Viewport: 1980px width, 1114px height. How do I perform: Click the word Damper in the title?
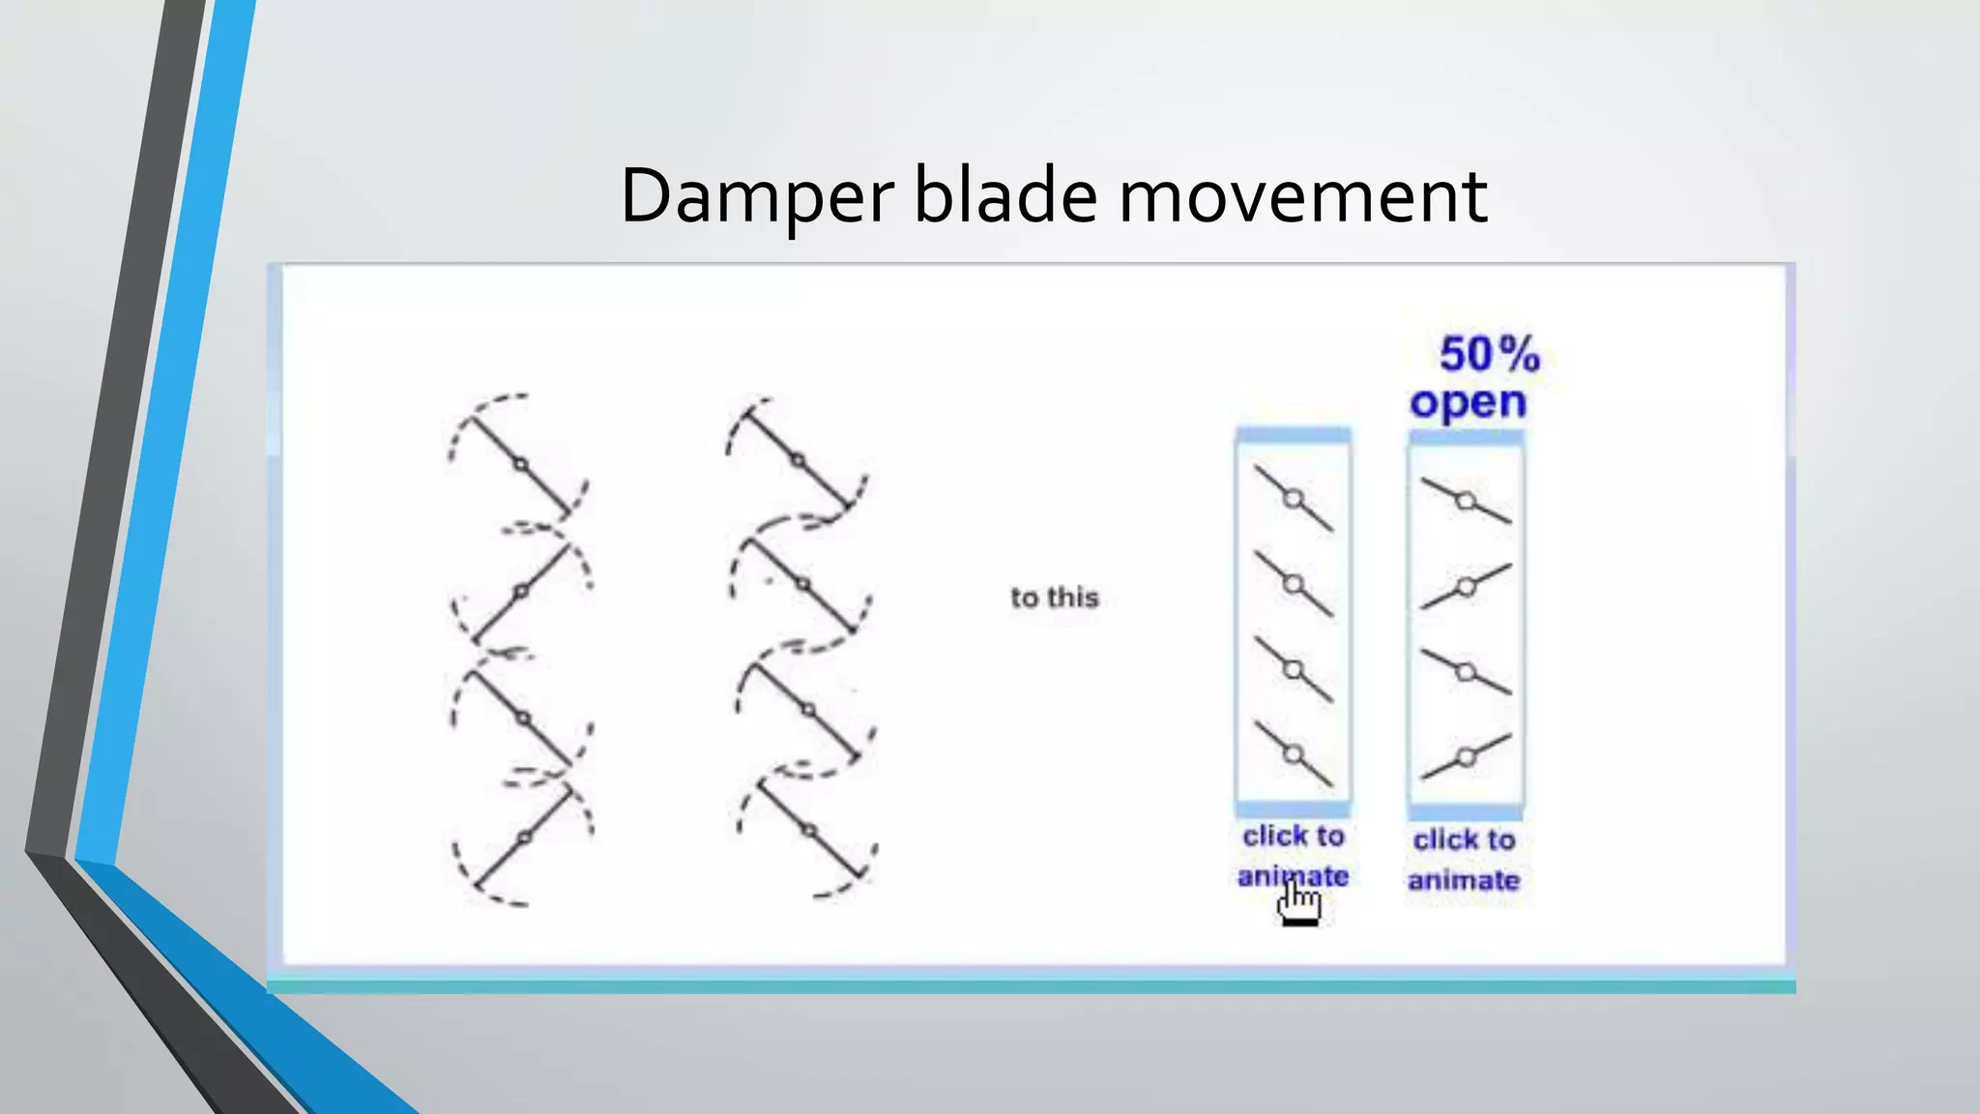tap(756, 196)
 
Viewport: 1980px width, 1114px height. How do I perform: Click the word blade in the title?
tap(1005, 196)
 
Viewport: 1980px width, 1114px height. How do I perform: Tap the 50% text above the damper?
tap(1489, 354)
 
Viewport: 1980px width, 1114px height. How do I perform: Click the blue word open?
tap(1468, 402)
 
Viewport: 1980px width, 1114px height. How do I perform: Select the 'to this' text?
tap(1055, 598)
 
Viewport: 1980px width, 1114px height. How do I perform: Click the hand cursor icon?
tap(1298, 904)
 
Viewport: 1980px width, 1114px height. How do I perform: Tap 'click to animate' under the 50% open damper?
tap(1464, 860)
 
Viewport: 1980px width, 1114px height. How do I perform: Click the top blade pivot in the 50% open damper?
tap(1466, 501)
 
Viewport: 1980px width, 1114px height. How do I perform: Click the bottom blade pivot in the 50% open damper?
tap(1466, 757)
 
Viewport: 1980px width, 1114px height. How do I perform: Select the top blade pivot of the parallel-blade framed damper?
tap(1294, 499)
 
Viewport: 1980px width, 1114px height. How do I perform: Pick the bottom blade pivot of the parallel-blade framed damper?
tap(1294, 754)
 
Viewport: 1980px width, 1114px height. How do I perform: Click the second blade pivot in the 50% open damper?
tap(1466, 587)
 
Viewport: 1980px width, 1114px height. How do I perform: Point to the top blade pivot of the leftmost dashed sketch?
tap(520, 465)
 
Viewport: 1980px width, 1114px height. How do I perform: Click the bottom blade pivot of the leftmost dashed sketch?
tap(524, 837)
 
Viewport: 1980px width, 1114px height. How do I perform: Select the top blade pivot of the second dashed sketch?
tap(798, 460)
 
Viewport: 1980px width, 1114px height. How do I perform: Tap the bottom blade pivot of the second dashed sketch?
tap(809, 831)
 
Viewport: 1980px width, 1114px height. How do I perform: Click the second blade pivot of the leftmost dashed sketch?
tap(521, 591)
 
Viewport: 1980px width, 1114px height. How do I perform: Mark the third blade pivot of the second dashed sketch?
tap(808, 711)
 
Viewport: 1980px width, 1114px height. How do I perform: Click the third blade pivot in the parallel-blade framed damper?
tap(1294, 669)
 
